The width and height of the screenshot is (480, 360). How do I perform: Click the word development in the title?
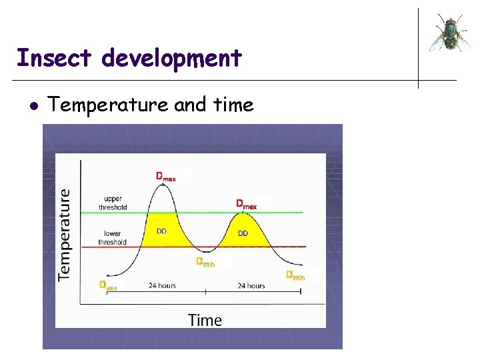172,59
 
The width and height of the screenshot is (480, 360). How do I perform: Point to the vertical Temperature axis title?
65,233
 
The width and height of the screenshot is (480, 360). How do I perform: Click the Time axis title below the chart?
205,320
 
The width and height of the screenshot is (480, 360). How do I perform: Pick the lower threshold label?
112,237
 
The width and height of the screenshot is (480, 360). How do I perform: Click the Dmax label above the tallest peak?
166,177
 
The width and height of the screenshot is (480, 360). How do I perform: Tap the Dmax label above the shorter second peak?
246,203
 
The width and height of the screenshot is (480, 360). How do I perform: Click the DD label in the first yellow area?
161,231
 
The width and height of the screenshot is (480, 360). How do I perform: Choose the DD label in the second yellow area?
243,233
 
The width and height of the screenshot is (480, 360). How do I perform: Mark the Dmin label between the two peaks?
205,262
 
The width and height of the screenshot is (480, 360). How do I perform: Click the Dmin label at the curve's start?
108,285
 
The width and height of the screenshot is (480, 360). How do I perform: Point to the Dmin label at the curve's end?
295,275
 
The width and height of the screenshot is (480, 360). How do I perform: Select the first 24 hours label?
162,285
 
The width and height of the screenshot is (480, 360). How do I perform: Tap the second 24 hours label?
251,285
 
